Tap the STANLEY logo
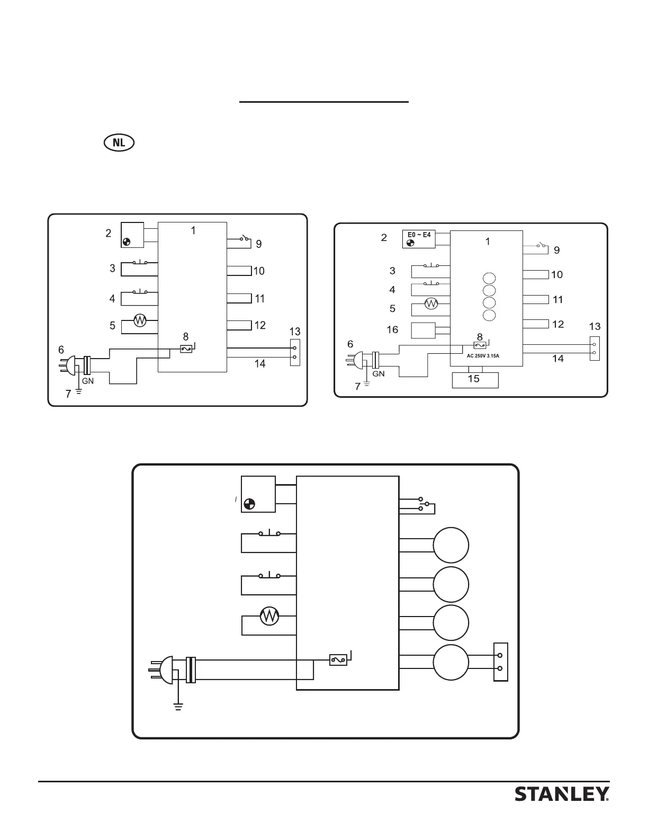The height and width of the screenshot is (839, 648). point(562,795)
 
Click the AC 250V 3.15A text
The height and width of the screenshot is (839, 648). point(479,356)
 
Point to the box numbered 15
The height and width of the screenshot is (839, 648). point(475,380)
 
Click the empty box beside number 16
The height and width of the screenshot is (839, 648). point(423,331)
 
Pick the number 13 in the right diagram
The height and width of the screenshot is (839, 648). point(595,326)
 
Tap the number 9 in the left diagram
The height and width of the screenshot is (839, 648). point(259,244)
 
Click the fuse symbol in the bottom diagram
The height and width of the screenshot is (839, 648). point(338,660)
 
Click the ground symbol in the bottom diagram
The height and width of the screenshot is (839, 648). point(178,706)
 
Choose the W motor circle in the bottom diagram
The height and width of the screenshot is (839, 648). point(270,616)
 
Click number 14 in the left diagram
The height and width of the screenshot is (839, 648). point(259,364)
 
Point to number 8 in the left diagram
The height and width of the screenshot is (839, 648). point(186,337)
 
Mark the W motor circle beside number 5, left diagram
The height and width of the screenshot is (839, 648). point(140,321)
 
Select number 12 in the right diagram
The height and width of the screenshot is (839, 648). point(558,324)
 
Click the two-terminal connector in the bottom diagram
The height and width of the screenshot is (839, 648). point(500,662)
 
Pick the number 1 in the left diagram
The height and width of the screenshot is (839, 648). point(193,230)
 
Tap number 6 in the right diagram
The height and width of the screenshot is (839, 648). point(350,344)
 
